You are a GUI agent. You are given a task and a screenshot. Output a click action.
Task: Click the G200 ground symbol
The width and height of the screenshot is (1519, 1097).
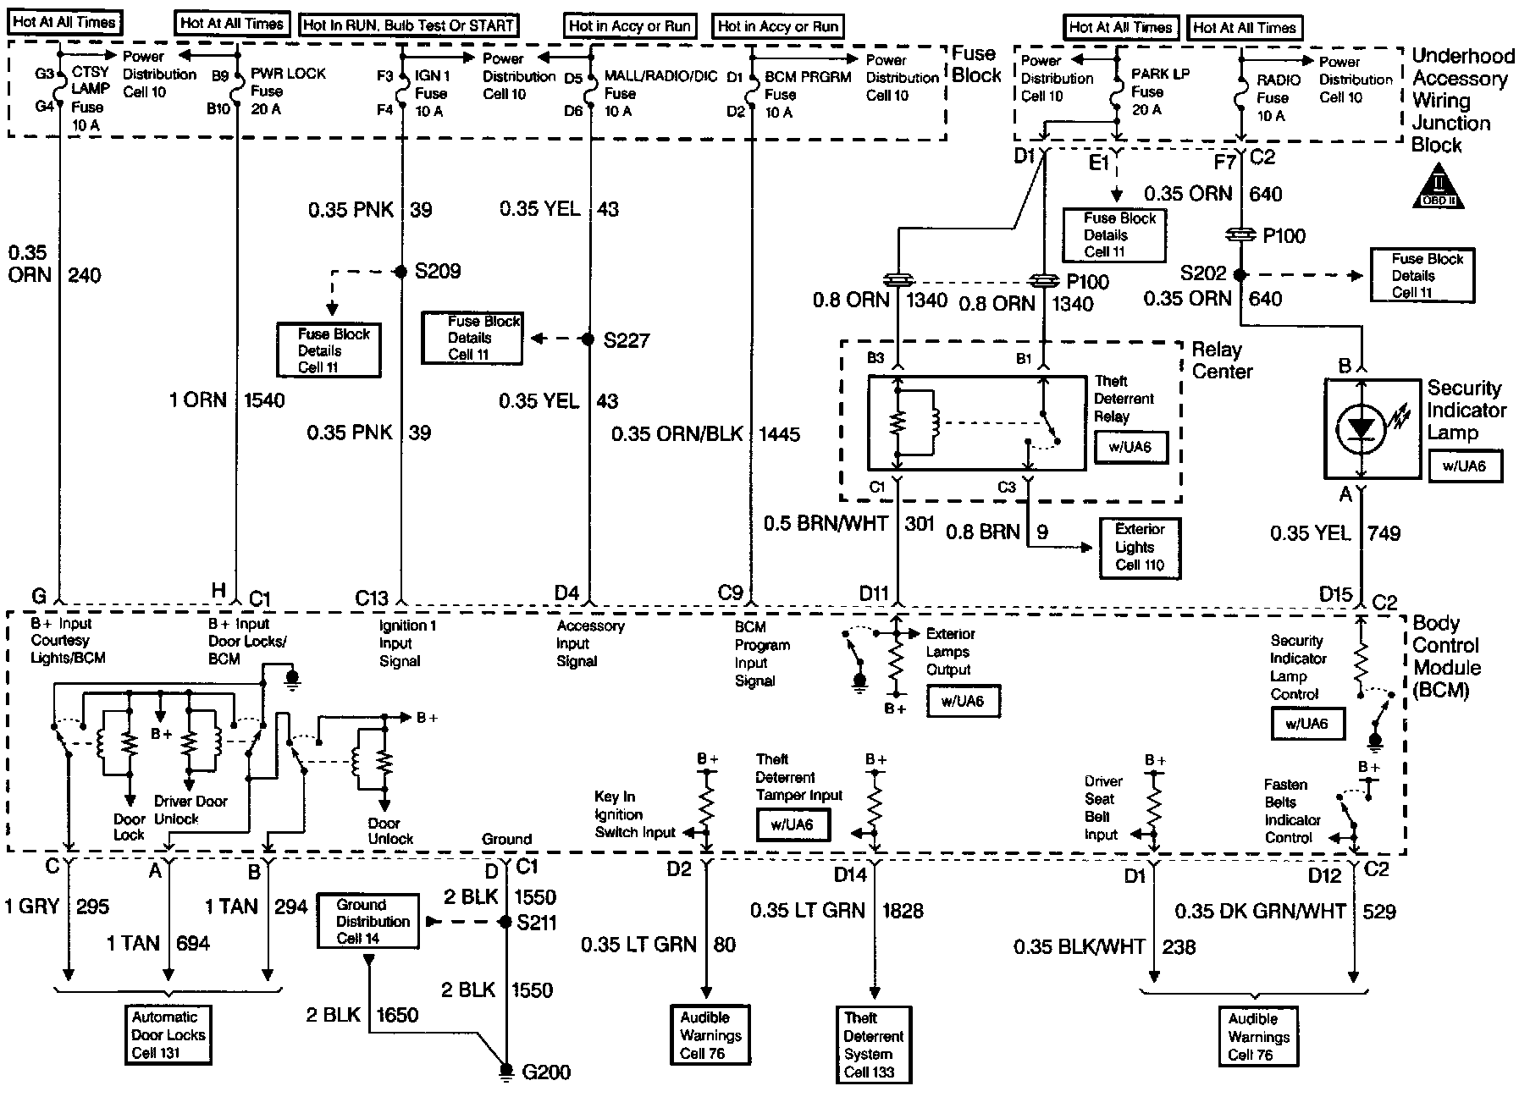click(x=505, y=1072)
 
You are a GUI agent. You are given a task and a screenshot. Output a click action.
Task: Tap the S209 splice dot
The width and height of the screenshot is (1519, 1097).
click(x=401, y=272)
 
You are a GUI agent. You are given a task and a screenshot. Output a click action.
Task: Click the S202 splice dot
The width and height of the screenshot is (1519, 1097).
click(x=1240, y=274)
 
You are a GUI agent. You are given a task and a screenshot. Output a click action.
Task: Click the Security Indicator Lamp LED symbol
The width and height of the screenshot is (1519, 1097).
click(x=1360, y=428)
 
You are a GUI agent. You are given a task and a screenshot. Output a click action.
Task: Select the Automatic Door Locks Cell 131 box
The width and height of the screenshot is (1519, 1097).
click(x=168, y=1034)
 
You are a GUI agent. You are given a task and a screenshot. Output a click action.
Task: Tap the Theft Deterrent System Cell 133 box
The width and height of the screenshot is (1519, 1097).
click(x=873, y=1045)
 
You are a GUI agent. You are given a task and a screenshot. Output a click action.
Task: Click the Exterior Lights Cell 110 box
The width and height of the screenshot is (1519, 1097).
click(x=1139, y=547)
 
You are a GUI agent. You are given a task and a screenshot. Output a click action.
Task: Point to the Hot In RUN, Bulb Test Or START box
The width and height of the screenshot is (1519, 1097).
click(x=409, y=25)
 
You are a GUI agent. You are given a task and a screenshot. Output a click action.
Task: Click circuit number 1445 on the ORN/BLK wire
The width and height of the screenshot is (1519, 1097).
click(x=780, y=434)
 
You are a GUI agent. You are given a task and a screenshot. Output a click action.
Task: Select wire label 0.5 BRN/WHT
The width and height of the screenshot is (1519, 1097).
click(x=825, y=524)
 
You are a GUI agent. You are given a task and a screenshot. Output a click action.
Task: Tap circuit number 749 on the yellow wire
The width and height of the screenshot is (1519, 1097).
click(x=1384, y=533)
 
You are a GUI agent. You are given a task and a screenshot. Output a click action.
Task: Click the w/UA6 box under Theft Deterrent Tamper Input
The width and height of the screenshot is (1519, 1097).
click(x=792, y=824)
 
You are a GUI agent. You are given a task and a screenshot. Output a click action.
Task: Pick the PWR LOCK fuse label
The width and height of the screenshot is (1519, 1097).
click(x=288, y=74)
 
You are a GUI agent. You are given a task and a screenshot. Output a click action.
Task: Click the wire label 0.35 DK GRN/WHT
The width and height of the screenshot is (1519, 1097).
click(x=1259, y=912)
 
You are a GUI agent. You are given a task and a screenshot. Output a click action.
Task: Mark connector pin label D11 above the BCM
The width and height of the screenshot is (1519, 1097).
click(x=874, y=594)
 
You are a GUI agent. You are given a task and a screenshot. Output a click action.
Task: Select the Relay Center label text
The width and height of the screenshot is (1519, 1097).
click(x=1221, y=360)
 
